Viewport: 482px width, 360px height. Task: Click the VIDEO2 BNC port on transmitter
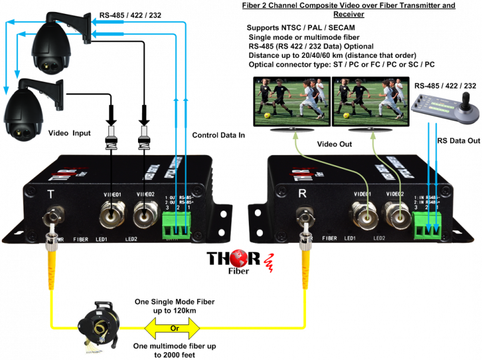point(145,212)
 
